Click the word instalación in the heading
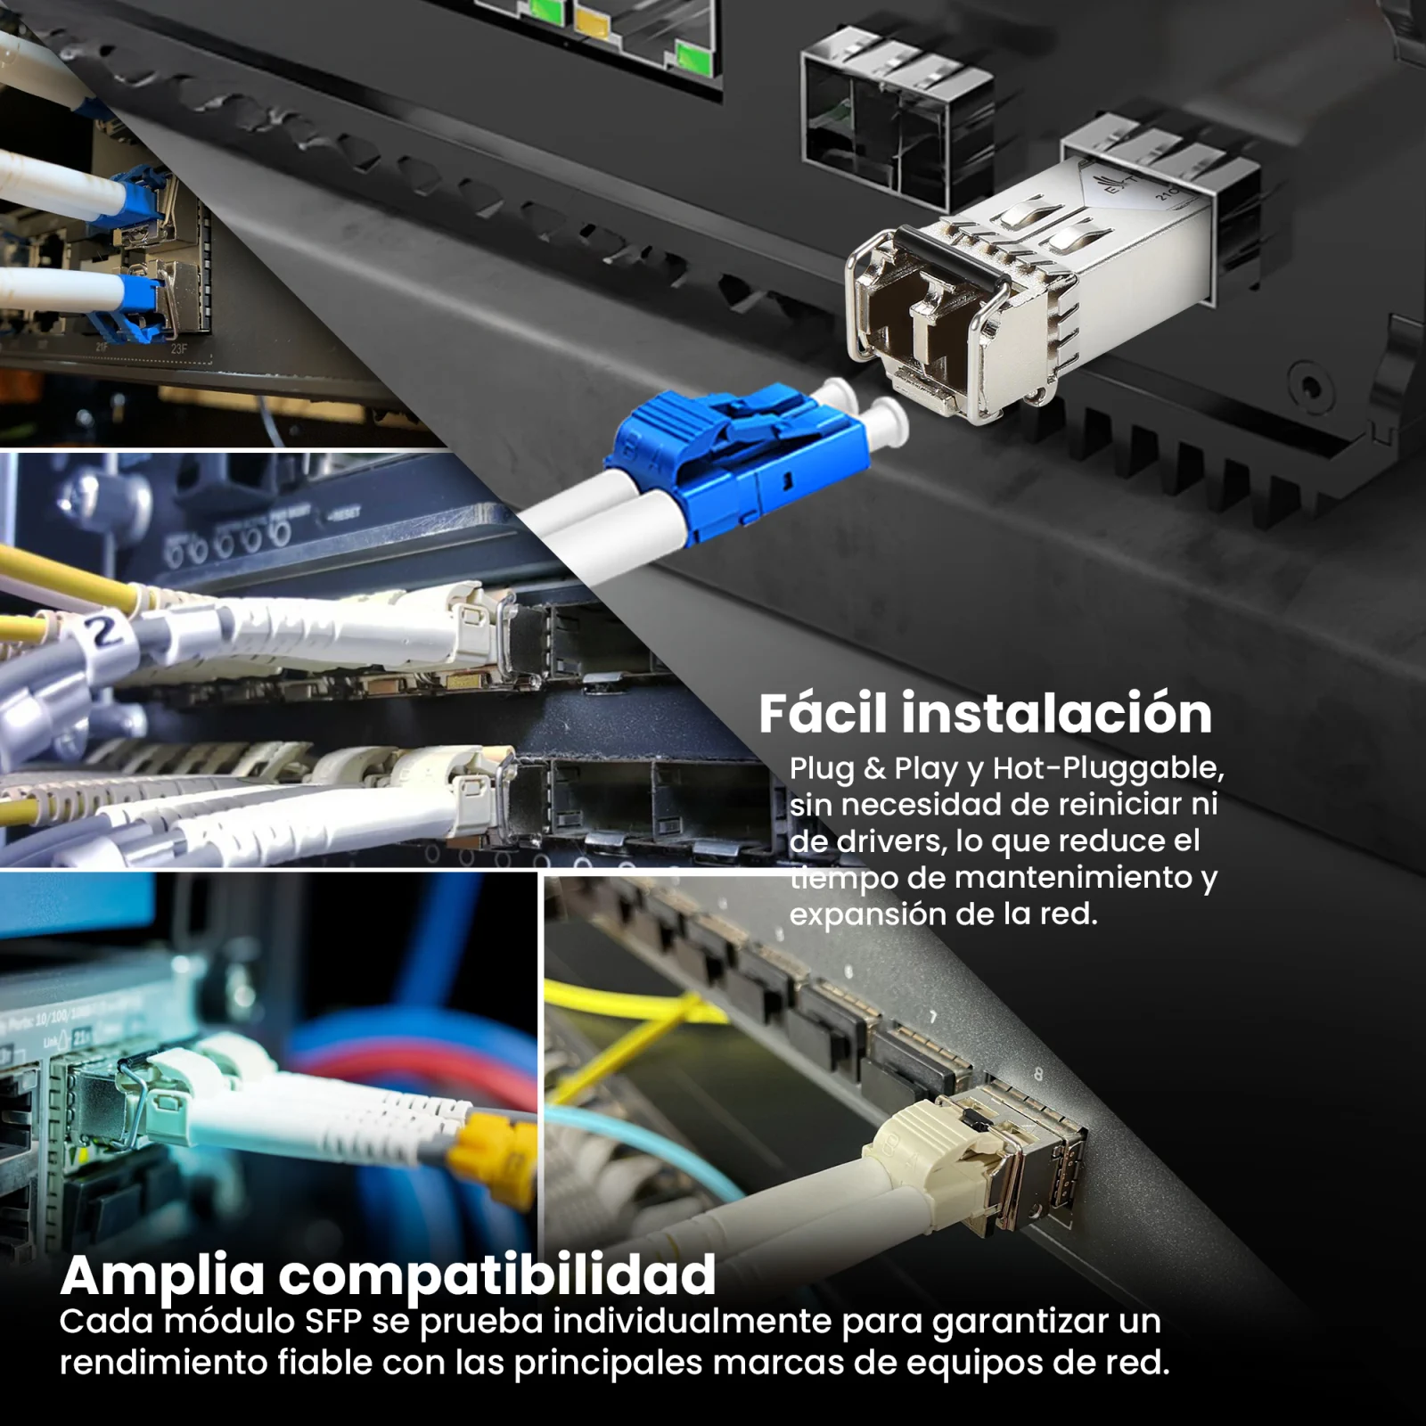1056,713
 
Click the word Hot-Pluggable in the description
1109,768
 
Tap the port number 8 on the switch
1037,1075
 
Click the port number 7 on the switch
933,1017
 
